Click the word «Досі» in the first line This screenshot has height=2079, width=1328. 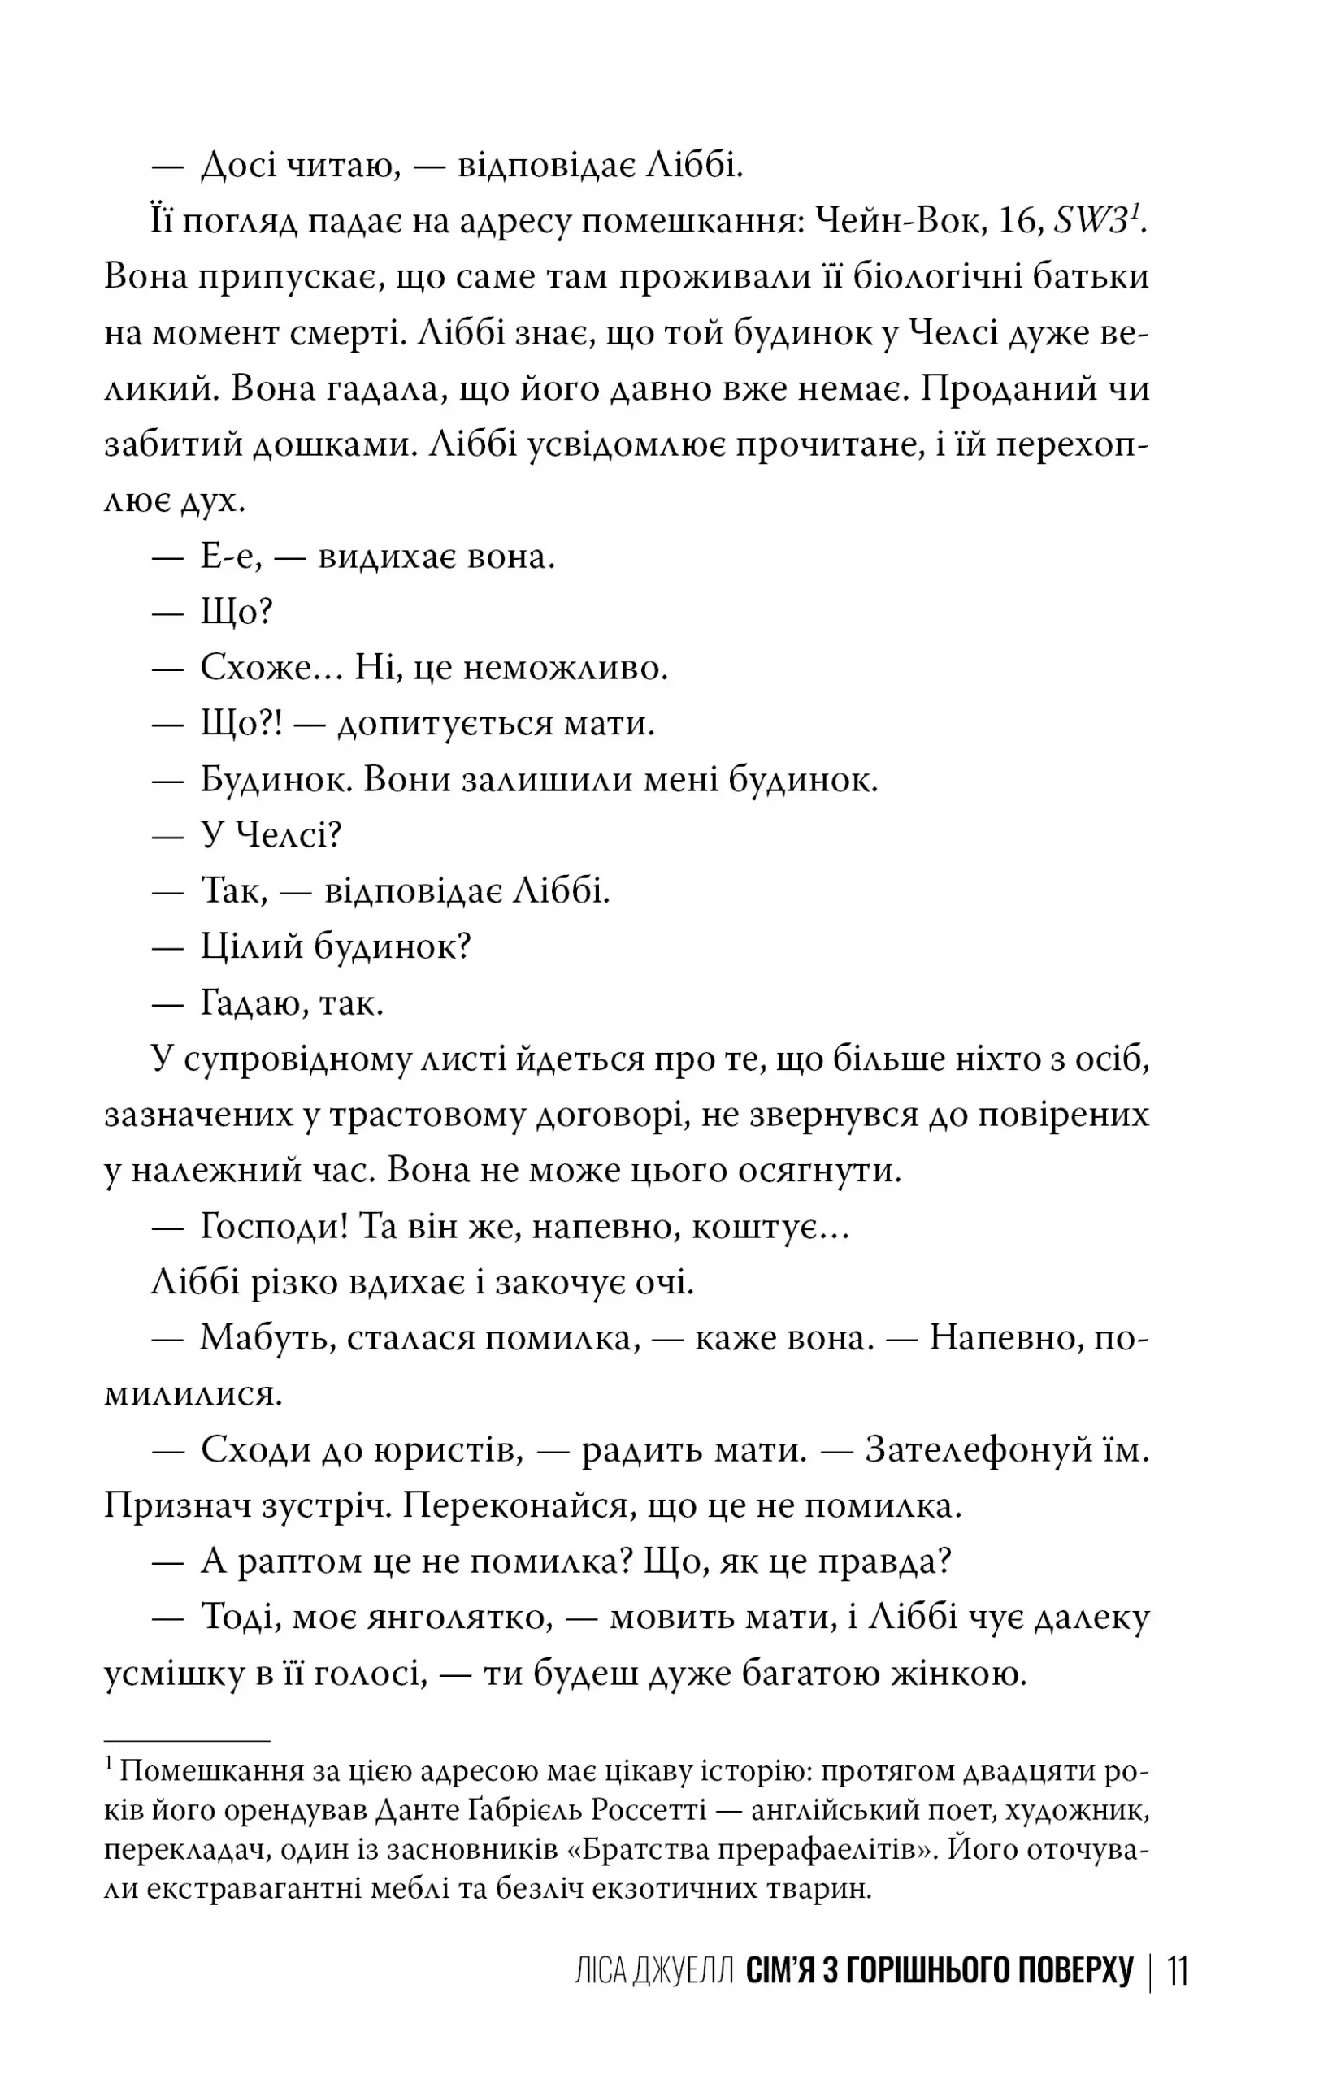click(x=237, y=166)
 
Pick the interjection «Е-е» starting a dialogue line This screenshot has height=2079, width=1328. click(x=230, y=557)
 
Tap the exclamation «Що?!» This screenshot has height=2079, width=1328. click(x=241, y=724)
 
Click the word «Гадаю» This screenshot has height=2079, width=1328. click(x=251, y=1003)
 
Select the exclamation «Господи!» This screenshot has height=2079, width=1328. click(x=274, y=1227)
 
